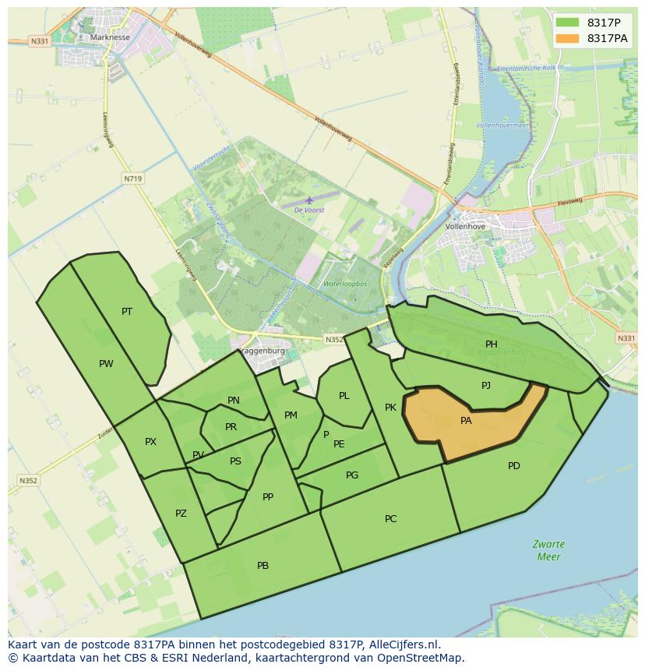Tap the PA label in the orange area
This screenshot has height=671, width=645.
466,421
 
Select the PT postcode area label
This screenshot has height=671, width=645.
127,312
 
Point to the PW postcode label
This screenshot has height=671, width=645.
106,364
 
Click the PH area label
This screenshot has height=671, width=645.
492,344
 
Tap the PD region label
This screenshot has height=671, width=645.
514,466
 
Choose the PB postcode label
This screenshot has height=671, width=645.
263,566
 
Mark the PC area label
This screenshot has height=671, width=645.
391,519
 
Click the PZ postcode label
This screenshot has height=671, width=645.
181,514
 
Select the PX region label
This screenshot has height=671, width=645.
150,442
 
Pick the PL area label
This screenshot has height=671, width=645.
344,396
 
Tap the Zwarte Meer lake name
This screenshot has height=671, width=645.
549,550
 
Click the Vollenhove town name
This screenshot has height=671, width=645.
465,227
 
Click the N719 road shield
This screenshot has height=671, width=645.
132,178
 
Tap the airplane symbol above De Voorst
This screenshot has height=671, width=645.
309,200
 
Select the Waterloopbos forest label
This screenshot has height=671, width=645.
345,284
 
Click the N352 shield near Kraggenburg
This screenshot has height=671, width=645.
334,339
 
